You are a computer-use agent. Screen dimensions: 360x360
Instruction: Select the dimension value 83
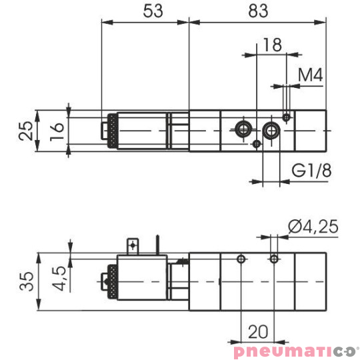[x=257, y=11]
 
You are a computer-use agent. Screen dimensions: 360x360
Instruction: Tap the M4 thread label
[x=310, y=75]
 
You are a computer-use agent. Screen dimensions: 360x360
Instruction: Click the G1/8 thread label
[x=311, y=171]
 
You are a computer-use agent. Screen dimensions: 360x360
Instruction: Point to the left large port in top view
[x=244, y=128]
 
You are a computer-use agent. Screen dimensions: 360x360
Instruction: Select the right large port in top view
[x=271, y=129]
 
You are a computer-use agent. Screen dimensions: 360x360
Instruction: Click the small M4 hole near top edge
[x=286, y=117]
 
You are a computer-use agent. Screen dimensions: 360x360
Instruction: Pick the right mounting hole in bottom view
[x=273, y=258]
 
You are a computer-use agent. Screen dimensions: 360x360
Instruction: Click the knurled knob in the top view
[x=112, y=131]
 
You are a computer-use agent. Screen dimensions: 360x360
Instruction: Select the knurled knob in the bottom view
[x=111, y=283]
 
